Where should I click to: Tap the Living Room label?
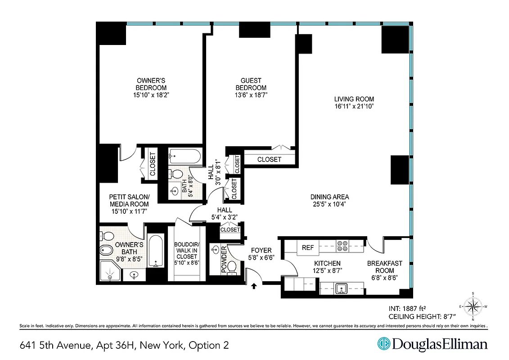tap(354, 99)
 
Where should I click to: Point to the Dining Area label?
tap(329, 197)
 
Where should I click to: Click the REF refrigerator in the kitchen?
tap(307, 247)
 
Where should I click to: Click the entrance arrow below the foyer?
tap(254, 285)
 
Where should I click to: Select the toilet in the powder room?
tap(232, 267)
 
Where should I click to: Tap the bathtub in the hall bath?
tap(185, 157)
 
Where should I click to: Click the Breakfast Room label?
tap(384, 267)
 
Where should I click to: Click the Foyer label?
tap(261, 250)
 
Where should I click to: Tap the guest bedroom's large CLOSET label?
tap(269, 159)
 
